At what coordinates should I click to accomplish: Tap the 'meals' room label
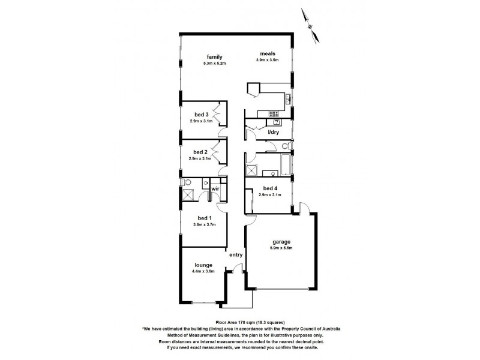268,53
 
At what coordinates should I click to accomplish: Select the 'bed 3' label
201,115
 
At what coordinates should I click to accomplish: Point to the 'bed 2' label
201,152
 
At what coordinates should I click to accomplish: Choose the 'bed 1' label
204,218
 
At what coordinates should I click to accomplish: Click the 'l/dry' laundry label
274,132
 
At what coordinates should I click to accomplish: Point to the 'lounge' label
203,265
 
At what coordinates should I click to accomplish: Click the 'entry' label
236,254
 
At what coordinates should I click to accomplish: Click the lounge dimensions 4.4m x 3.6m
203,271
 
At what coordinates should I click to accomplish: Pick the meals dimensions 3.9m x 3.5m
268,60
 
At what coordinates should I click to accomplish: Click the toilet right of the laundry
287,146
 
